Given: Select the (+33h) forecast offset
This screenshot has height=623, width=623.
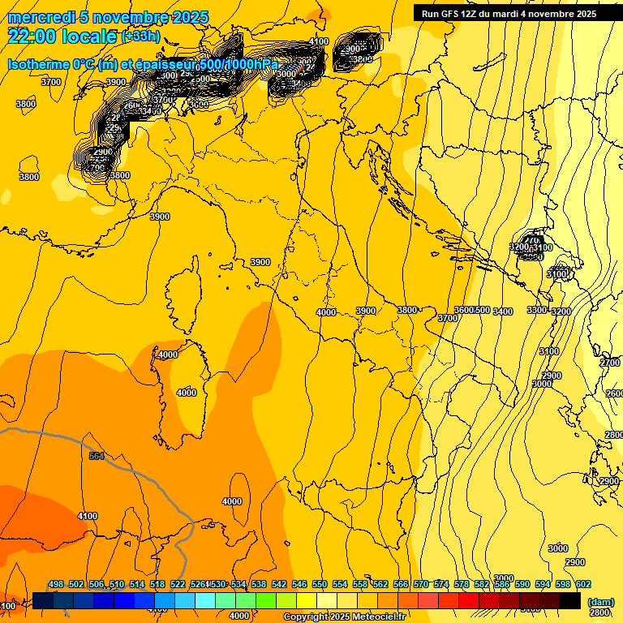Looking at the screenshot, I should coord(140,37).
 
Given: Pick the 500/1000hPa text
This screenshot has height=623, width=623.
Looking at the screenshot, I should coord(238,65).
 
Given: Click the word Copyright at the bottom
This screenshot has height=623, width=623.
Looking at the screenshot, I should coord(305,617).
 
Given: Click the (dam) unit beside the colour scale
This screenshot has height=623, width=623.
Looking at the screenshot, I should coord(600,603).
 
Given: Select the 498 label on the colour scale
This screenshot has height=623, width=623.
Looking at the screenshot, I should coord(56,584).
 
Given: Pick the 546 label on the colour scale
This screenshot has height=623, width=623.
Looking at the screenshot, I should coord(299,584).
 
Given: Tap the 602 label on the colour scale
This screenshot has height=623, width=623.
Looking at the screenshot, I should coord(583,584).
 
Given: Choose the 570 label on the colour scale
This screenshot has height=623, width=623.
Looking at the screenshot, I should coord(421,584).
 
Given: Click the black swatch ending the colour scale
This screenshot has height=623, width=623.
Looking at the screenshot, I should coord(570,600).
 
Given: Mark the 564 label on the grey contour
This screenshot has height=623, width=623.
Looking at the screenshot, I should coord(97,456).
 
